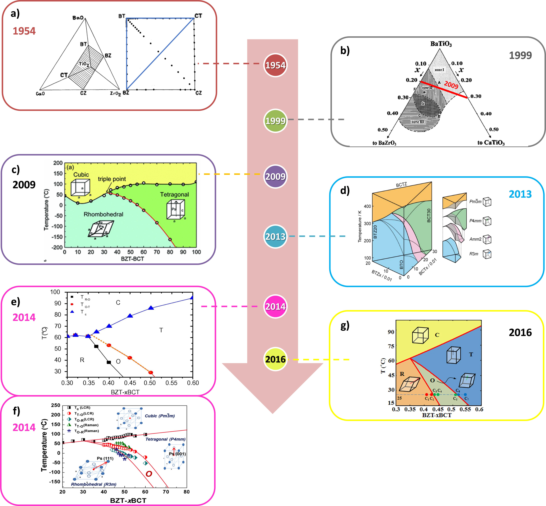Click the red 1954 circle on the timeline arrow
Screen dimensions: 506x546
(x=275, y=65)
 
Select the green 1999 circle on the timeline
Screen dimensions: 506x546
(x=275, y=121)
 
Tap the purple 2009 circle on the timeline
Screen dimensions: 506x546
(x=275, y=176)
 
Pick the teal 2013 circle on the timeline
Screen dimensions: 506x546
(x=275, y=236)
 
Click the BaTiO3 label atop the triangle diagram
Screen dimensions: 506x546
(x=441, y=44)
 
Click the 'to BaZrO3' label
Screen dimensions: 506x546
(x=384, y=143)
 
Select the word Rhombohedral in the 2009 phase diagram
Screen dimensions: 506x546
(x=103, y=214)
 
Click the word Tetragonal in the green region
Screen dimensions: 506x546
(x=174, y=194)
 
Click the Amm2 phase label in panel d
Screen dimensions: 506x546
(x=475, y=239)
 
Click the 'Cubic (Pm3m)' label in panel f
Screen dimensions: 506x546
(x=160, y=416)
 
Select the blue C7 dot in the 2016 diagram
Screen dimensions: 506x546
(x=465, y=395)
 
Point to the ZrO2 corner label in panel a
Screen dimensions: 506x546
(x=115, y=93)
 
